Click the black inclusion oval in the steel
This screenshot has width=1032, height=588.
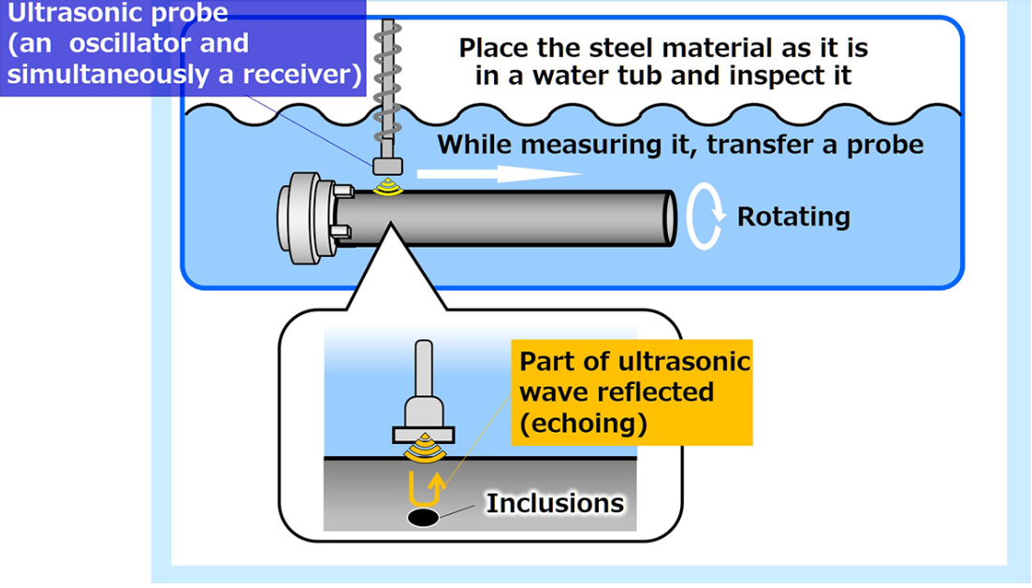tap(423, 518)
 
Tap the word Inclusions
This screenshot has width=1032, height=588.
tap(555, 503)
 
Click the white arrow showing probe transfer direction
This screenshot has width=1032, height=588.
tap(500, 174)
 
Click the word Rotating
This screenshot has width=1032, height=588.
tap(793, 216)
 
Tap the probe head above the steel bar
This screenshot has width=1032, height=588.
tap(387, 165)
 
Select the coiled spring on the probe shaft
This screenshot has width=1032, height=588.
tap(387, 83)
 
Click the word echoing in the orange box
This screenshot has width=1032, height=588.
tap(583, 423)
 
